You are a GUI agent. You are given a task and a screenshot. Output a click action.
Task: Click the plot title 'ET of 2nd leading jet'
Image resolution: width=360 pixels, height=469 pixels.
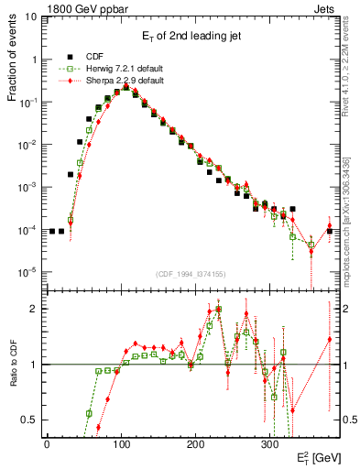(191, 37)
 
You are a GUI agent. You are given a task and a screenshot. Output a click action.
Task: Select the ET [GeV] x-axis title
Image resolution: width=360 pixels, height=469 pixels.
(321, 455)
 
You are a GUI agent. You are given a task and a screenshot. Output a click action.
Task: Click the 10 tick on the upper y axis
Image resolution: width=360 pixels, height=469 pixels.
(30, 17)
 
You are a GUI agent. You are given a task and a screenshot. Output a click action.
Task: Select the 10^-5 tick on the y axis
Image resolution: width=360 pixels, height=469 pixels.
(27, 271)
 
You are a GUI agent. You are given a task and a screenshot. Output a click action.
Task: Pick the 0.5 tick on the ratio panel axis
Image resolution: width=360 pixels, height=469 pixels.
(28, 420)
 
